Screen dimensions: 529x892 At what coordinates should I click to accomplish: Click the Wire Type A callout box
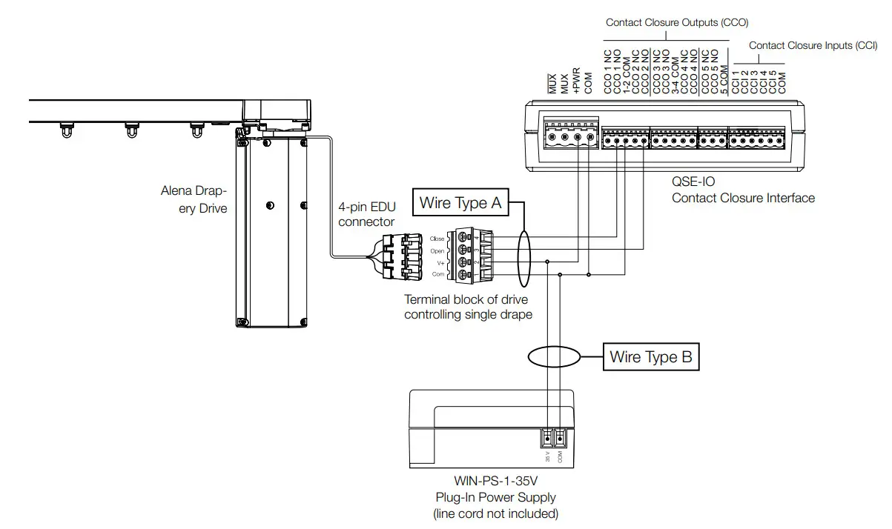tap(460, 202)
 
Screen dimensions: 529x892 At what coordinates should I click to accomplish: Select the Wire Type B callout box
tap(650, 357)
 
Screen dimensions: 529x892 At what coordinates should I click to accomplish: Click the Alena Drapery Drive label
tap(194, 199)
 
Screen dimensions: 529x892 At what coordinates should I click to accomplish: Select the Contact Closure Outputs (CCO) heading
tap(676, 23)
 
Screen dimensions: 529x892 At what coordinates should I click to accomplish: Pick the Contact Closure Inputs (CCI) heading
tap(813, 45)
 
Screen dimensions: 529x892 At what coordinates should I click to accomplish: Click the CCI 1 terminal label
tap(736, 82)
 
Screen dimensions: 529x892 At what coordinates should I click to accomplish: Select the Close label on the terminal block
tap(437, 239)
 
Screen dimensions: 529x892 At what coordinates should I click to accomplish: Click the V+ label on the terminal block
tap(440, 263)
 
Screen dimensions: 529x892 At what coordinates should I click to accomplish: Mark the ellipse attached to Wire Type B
tap(553, 357)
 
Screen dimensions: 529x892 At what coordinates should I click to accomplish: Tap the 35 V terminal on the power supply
tap(547, 439)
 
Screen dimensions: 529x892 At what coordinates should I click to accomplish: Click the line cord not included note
tap(495, 513)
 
